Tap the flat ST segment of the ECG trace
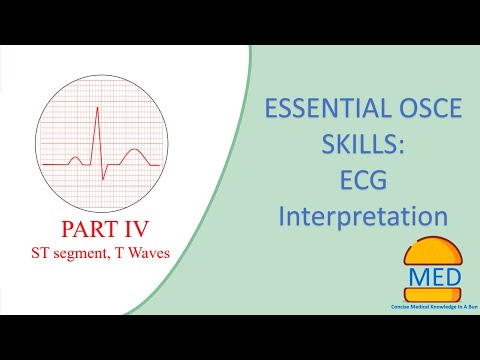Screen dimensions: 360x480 pyautogui.click(x=117, y=163)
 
